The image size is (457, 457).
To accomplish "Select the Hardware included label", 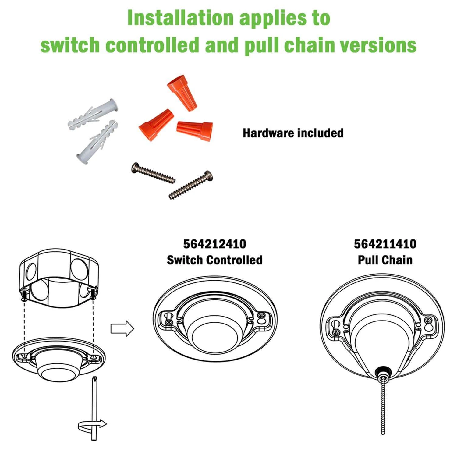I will click(293, 133).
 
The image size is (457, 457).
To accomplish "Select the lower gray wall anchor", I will click(96, 142).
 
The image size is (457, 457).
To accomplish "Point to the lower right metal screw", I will click(191, 185).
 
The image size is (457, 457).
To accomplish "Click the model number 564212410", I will click(214, 244).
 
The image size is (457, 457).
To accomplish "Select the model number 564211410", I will click(385, 244).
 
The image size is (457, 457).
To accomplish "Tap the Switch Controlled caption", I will click(214, 260).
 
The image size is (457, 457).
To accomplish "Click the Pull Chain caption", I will click(385, 260).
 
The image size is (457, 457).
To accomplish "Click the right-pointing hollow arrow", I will click(122, 329).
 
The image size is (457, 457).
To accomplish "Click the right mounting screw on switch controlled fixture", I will click(261, 317).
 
